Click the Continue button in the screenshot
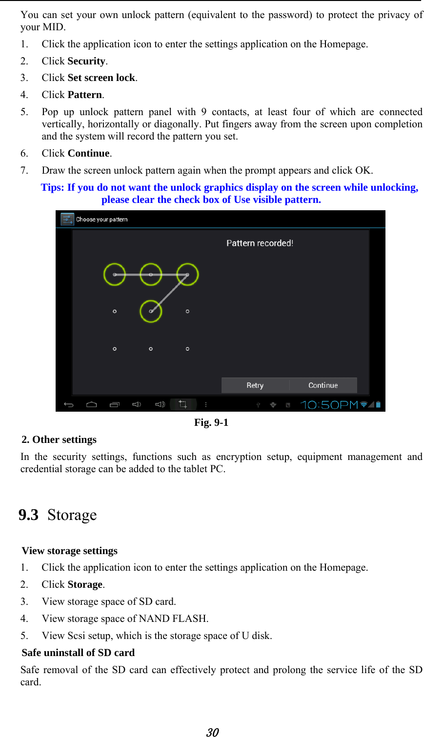click(x=323, y=385)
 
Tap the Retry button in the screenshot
click(x=255, y=385)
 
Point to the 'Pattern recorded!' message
click(x=260, y=243)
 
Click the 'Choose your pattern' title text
click(x=101, y=219)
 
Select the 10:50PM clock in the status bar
click(x=329, y=405)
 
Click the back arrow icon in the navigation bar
click(x=69, y=404)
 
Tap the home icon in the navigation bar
click(x=92, y=404)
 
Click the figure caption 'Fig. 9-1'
click(x=211, y=422)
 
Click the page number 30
click(x=212, y=732)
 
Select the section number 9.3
click(x=28, y=515)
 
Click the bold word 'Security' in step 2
click(x=86, y=61)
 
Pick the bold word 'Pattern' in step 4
click(x=85, y=95)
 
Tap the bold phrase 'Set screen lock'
click(x=101, y=78)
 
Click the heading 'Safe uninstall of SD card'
click(x=78, y=653)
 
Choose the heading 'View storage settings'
click(x=70, y=551)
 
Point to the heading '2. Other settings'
click(x=59, y=439)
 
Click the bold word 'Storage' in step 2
click(x=85, y=584)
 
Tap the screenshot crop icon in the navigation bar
click(x=183, y=404)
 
